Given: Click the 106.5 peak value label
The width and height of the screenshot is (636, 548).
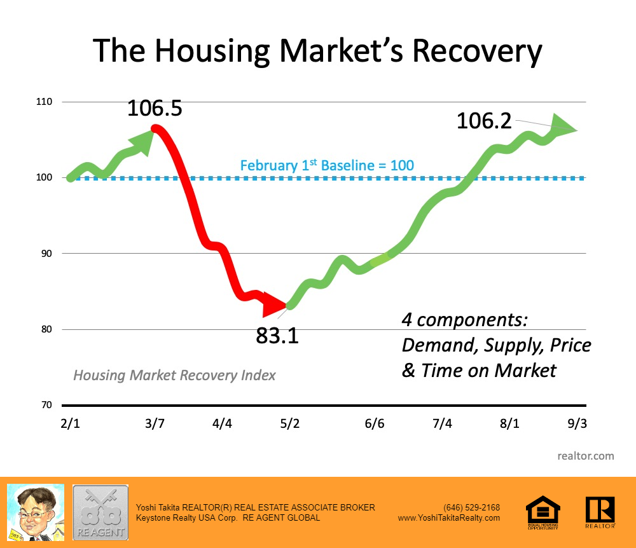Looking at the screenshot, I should (155, 108).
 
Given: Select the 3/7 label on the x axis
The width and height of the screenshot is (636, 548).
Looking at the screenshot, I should (155, 423).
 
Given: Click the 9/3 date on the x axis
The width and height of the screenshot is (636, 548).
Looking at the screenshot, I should (577, 423).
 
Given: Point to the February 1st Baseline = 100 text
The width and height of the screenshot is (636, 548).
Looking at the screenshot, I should (327, 166).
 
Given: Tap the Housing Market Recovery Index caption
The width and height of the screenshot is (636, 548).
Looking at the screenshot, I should (174, 375).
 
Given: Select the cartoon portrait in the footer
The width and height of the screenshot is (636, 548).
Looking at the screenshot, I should (35, 512).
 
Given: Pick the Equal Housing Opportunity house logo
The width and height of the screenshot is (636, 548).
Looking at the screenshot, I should (543, 512).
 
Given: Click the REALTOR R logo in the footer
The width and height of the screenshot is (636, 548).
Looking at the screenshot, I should (600, 512).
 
